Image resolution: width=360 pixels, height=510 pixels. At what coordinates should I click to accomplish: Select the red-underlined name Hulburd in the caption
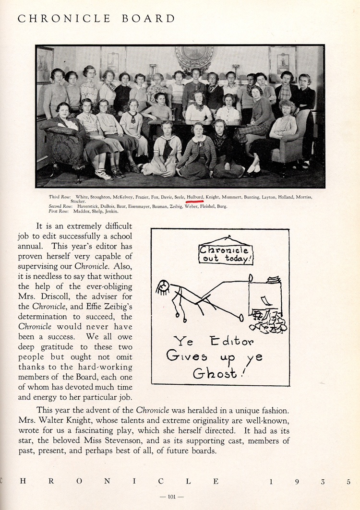pos(195,197)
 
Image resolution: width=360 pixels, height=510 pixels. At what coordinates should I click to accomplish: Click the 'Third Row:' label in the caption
pos(60,197)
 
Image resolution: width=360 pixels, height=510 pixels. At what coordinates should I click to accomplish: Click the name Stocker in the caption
pos(78,202)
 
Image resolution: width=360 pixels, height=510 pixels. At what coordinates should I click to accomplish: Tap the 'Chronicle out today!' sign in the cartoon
pos(226,254)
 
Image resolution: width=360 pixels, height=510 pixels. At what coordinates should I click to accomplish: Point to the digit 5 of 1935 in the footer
pos(349,482)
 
